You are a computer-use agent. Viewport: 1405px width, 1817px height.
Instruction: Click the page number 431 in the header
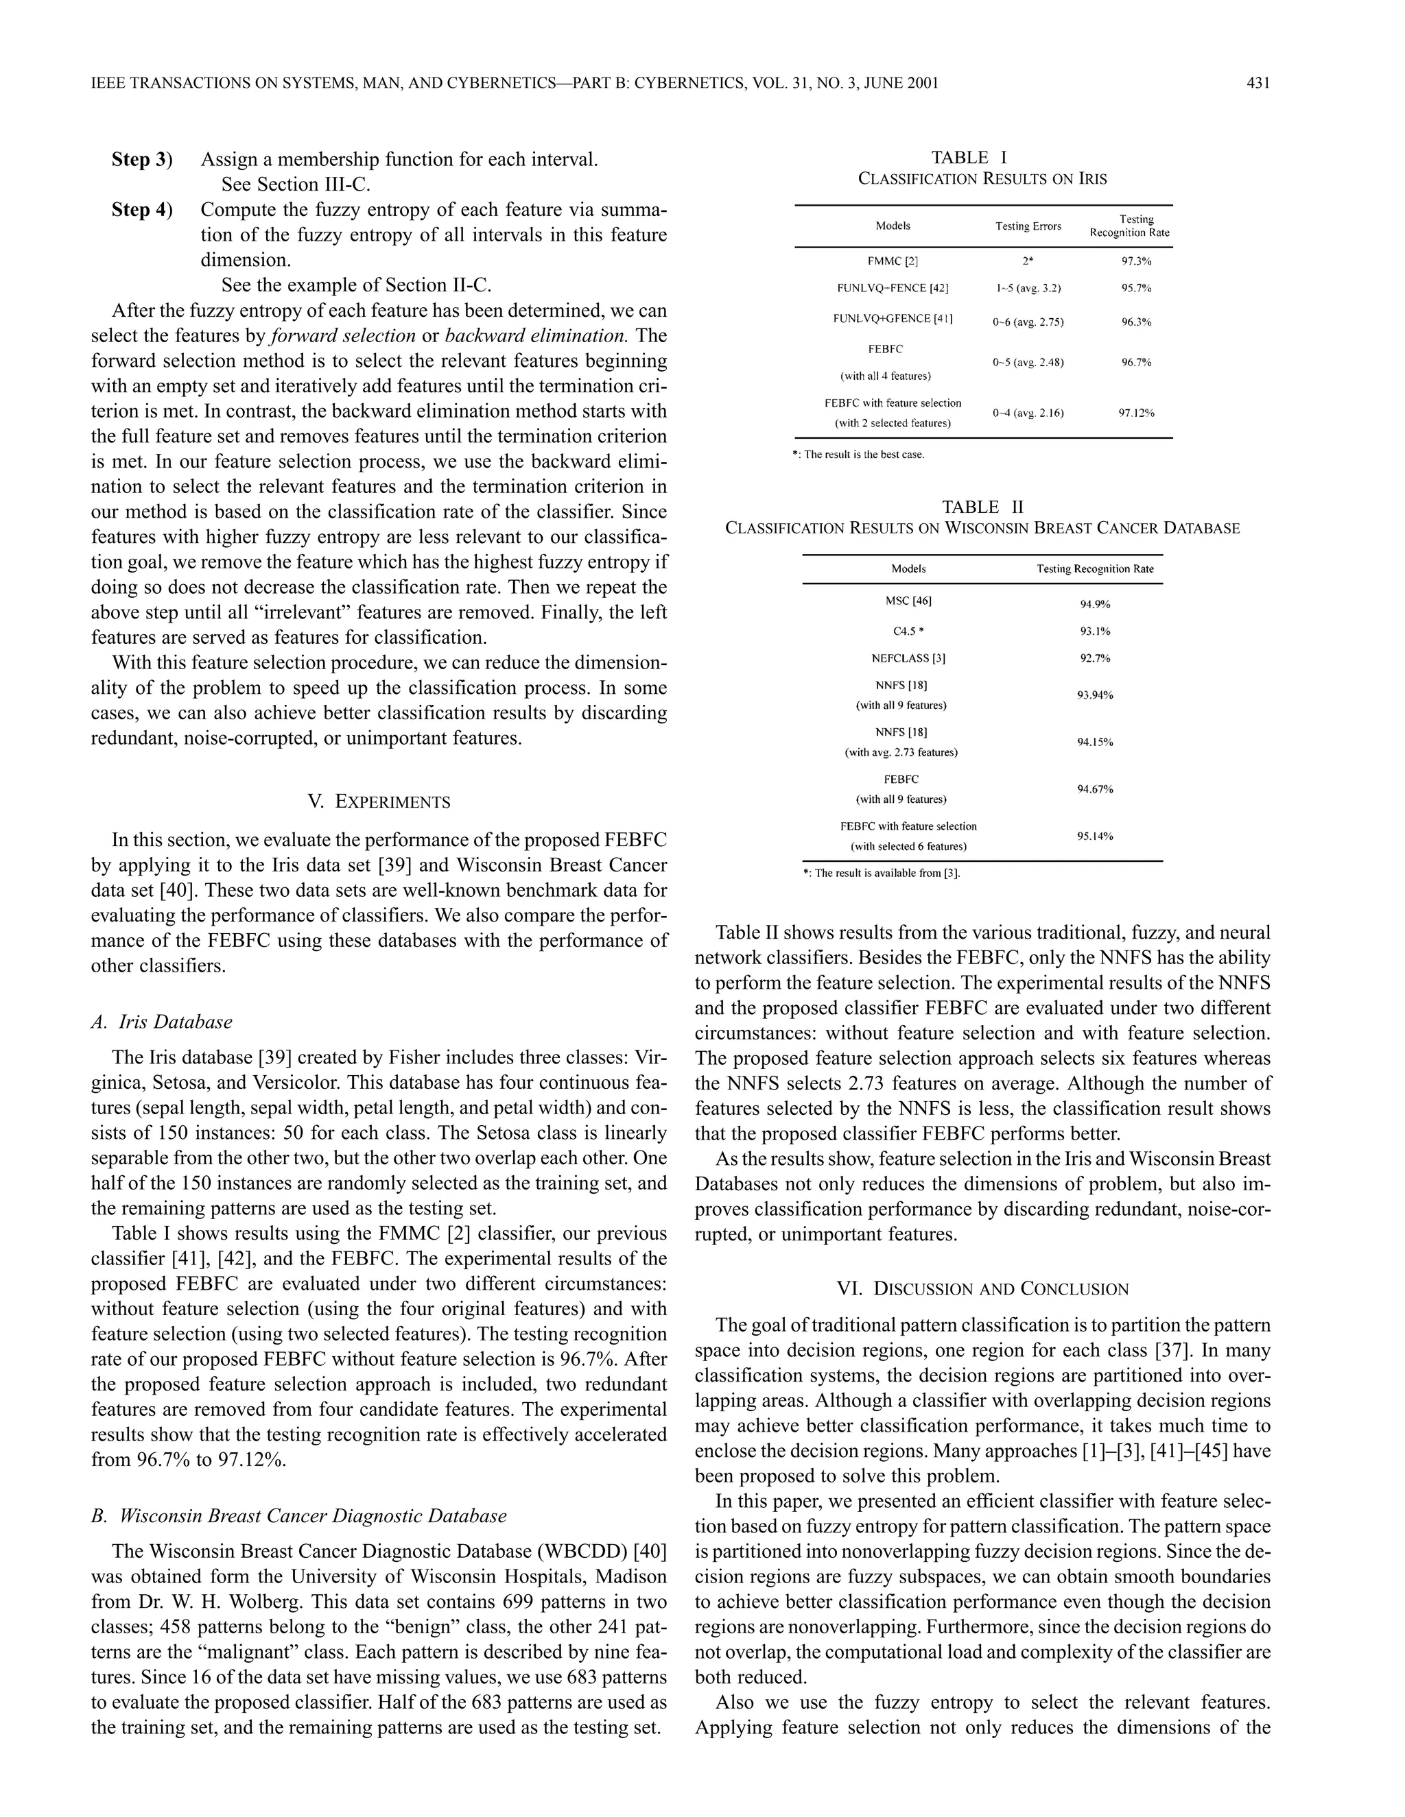[1258, 83]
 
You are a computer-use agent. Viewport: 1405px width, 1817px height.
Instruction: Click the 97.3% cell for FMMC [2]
[1135, 261]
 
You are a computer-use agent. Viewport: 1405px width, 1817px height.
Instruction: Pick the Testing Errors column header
[1028, 226]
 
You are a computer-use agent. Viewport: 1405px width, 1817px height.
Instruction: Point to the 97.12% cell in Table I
[1135, 413]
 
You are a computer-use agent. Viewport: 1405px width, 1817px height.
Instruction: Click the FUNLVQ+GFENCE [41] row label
[893, 319]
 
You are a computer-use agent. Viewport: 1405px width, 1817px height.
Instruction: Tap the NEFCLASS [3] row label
[908, 658]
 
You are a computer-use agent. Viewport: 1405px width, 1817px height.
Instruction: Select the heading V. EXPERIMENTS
[379, 802]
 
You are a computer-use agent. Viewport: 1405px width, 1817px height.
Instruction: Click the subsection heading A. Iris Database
[163, 1022]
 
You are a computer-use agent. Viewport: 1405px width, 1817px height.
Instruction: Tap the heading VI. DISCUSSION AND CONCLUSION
[982, 1290]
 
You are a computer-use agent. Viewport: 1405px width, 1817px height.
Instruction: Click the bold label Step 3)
[141, 160]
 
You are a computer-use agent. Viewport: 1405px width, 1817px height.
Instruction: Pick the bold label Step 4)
[141, 210]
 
